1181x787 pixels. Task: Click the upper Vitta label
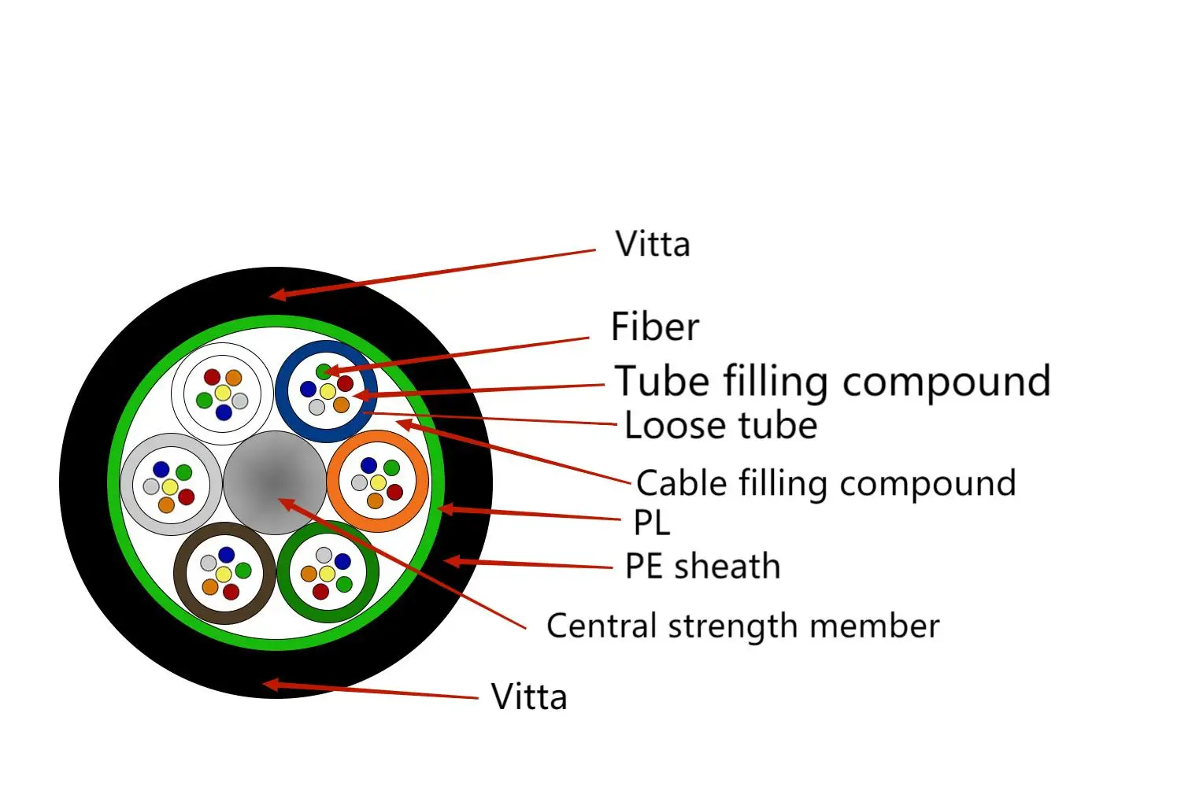[x=652, y=244]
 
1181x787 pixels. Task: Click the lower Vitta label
[x=528, y=696]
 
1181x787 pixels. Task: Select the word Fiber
[x=654, y=327]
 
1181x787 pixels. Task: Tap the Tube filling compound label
[x=832, y=382]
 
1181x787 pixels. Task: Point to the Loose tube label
[x=720, y=426]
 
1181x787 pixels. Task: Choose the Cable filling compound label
[x=826, y=483]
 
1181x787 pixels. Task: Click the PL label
[x=651, y=523]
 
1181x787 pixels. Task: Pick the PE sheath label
[x=702, y=567]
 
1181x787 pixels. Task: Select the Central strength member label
[x=742, y=626]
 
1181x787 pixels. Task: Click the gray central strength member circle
[x=275, y=482]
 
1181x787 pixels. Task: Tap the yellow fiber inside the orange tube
[x=379, y=482]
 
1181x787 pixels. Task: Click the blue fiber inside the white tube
[x=224, y=412]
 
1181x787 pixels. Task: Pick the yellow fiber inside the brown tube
[x=224, y=574]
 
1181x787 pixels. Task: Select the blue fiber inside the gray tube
[x=161, y=470]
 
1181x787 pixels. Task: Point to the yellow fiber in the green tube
[x=327, y=574]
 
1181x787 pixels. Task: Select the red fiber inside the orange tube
[x=394, y=492]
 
